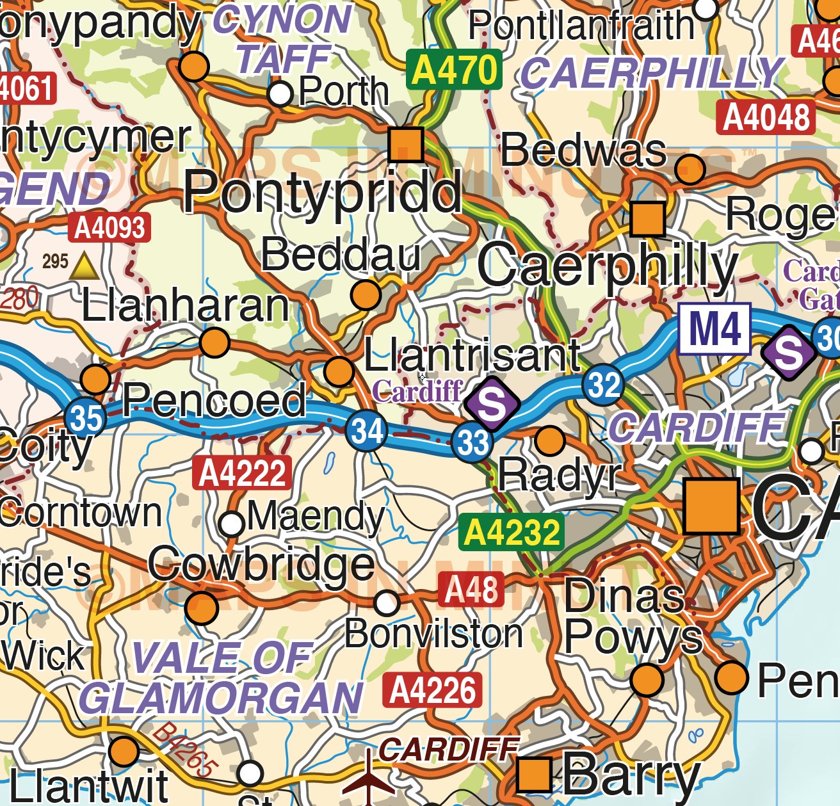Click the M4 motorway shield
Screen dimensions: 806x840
point(715,328)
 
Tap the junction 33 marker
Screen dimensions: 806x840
point(472,442)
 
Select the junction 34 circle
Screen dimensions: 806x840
point(366,430)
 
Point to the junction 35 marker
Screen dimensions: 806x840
point(86,417)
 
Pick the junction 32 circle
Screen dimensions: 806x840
point(603,385)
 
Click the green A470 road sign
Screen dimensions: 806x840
point(454,70)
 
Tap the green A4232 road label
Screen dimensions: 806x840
point(511,532)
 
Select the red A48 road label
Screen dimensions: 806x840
point(471,590)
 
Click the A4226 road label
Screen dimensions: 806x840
point(432,691)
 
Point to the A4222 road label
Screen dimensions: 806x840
point(242,474)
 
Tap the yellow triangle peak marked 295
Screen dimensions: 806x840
point(85,266)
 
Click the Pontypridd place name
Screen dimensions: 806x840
point(322,192)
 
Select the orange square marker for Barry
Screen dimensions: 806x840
point(535,774)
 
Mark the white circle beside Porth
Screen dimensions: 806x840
point(280,94)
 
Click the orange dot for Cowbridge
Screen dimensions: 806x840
point(201,607)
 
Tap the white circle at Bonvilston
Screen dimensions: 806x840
point(387,602)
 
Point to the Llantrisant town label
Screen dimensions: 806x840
point(472,355)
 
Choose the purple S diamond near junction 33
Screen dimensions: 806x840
point(492,404)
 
